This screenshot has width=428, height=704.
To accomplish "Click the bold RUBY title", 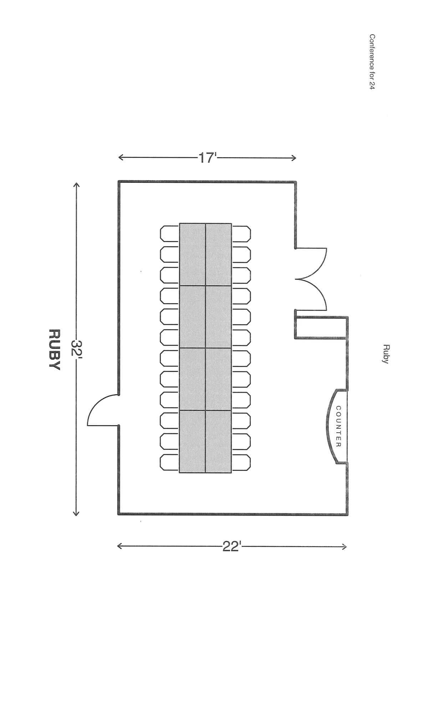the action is [x=54, y=350].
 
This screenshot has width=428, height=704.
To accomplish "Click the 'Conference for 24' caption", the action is [x=372, y=61].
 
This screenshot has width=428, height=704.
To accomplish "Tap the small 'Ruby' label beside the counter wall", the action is [x=385, y=354].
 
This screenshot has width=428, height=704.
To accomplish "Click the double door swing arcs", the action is [x=311, y=279].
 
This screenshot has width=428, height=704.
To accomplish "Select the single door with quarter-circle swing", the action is [x=103, y=411].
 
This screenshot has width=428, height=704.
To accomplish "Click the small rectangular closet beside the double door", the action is [x=321, y=327].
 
